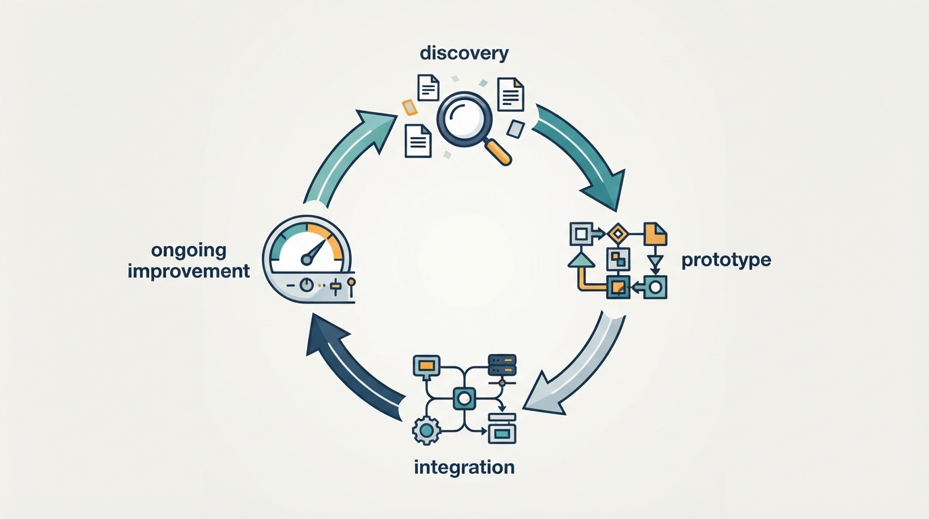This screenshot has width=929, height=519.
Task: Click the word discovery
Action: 464,54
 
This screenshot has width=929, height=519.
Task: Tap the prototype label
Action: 726,260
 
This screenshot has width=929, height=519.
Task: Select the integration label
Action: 464,467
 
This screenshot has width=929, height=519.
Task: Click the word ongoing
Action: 189,251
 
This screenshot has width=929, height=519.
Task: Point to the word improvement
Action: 189,272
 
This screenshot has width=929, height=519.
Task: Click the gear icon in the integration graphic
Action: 426,431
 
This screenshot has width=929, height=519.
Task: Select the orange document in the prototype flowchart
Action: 656,234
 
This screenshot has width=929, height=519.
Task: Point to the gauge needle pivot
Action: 307,259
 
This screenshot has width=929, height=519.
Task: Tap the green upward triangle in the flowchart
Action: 581,259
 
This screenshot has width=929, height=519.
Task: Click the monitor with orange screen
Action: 426,366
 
